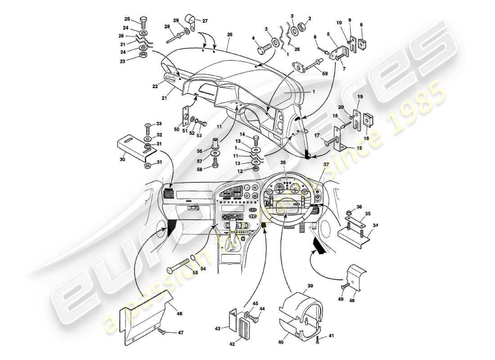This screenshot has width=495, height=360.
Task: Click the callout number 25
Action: click(x=127, y=19)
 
